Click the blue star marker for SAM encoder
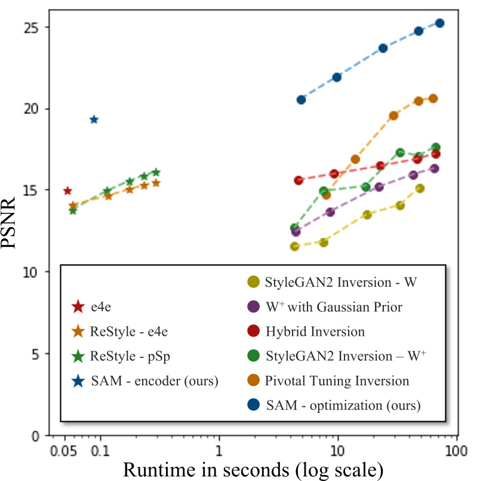tap(94, 120)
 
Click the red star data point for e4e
tap(67, 191)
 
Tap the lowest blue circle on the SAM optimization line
tap(301, 100)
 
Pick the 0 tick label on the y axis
tap(42, 436)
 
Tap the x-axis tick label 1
tap(219, 449)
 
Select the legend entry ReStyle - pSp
tap(126, 356)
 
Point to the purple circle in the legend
tap(253, 307)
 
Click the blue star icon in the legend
tap(77, 381)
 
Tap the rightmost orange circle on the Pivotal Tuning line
tap(433, 99)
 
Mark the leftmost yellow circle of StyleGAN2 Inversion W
tap(294, 246)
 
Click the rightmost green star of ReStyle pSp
tap(156, 172)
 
